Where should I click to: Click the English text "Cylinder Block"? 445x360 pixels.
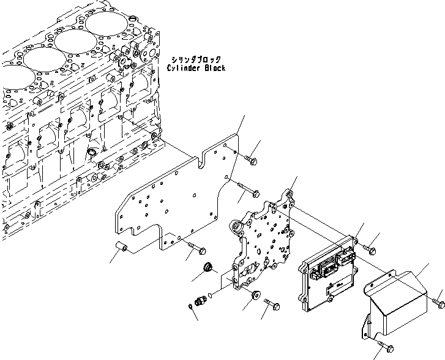click(196, 68)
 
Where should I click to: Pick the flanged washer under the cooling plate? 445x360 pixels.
click(251, 296)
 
